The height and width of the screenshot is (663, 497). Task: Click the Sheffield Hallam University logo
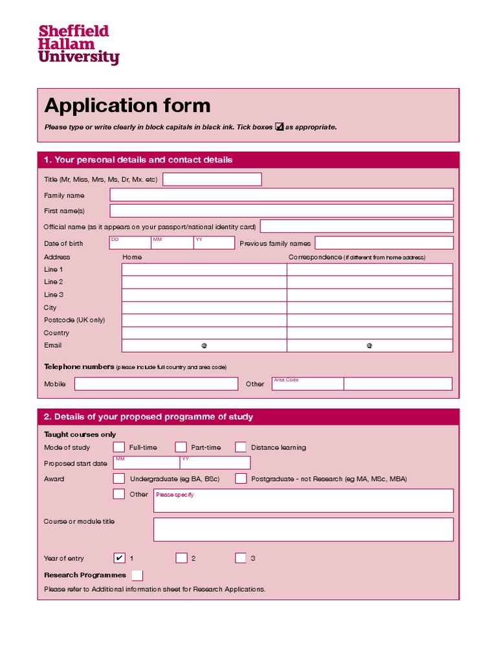point(78,45)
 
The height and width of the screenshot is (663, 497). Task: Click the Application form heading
point(127,106)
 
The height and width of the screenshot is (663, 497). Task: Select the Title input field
point(212,179)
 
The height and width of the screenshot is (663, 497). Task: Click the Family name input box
point(282,195)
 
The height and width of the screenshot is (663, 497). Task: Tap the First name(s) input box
point(282,211)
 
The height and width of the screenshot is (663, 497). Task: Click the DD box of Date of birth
point(129,243)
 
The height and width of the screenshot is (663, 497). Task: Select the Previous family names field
point(383,243)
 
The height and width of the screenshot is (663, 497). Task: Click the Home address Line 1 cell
point(204,269)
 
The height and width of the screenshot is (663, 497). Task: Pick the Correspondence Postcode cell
point(370,320)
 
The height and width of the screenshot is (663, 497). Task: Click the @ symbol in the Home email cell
point(204,346)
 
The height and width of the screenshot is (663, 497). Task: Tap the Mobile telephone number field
point(156,384)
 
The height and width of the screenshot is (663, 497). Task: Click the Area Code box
point(307,384)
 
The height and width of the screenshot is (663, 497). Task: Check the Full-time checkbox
point(119,447)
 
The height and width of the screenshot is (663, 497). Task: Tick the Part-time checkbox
point(181,447)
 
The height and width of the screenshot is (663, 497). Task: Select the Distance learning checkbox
point(241,447)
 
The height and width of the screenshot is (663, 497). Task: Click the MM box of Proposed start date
point(146,463)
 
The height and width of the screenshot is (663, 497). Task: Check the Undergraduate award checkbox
point(119,479)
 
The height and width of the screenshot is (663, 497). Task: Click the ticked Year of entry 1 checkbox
point(119,558)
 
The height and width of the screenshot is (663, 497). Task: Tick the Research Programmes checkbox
point(137,575)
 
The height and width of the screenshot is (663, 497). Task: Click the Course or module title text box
point(303,530)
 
